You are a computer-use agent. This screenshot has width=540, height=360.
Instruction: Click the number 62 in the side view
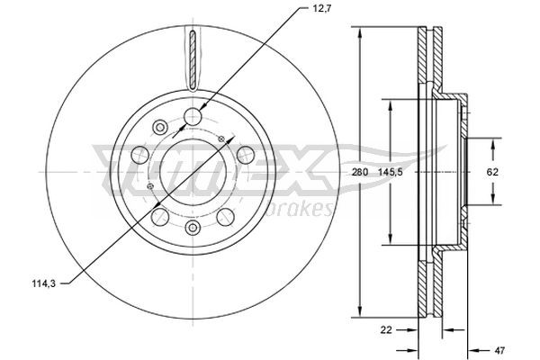click(x=493, y=171)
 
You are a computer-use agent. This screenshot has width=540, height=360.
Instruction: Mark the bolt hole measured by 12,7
click(x=193, y=115)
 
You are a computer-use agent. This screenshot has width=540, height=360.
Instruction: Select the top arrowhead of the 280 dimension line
click(x=360, y=32)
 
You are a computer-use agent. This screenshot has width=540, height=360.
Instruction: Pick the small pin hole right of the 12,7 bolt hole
click(x=220, y=138)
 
